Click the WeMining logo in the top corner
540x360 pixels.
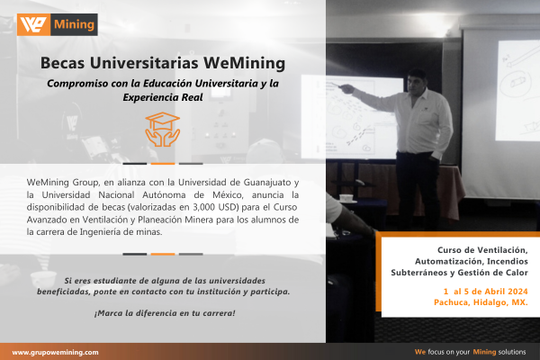[58, 24]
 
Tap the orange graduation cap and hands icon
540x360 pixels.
[163, 130]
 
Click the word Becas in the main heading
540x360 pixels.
[62, 63]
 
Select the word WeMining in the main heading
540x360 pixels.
[244, 63]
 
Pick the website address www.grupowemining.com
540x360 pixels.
[56, 353]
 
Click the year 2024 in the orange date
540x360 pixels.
[517, 292]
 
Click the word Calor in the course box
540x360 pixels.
[517, 273]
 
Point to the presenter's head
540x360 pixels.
[417, 82]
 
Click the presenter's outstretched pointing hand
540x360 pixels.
[347, 88]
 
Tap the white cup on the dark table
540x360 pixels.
[346, 198]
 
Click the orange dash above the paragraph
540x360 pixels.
[163, 164]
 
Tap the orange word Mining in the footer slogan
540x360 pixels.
[484, 352]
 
